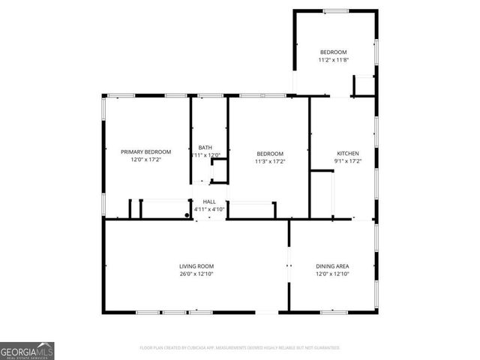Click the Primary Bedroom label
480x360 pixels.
click(x=146, y=152)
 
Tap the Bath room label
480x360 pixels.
click(x=205, y=147)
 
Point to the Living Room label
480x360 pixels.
click(x=196, y=266)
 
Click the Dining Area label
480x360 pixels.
click(x=331, y=266)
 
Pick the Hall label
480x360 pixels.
click(x=209, y=202)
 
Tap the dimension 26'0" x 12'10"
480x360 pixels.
click(x=196, y=274)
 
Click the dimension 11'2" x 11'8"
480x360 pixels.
click(x=334, y=60)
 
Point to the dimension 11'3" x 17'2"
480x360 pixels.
click(x=270, y=160)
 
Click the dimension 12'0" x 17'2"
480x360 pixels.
click(x=146, y=160)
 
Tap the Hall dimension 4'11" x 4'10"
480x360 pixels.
click(x=209, y=209)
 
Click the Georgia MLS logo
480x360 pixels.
click(x=27, y=350)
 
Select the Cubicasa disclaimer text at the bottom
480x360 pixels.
click(x=240, y=348)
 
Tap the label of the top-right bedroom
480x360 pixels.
click(x=334, y=52)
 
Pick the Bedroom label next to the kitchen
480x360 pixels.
click(x=270, y=153)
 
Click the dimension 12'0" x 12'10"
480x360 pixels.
click(x=331, y=274)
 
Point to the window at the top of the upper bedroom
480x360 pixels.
click(x=334, y=10)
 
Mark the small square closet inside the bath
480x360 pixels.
click(x=218, y=171)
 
